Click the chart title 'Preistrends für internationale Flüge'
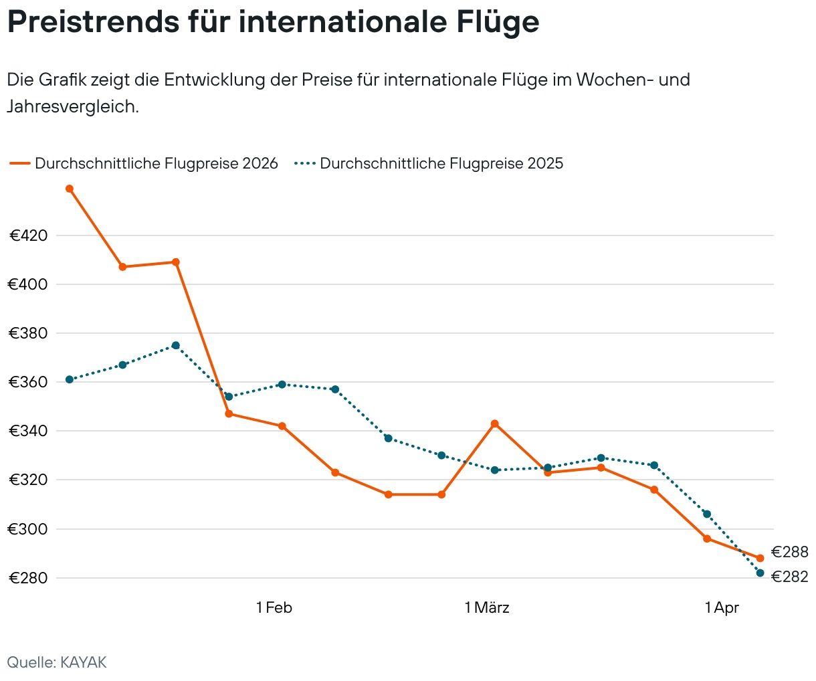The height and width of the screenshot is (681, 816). (273, 21)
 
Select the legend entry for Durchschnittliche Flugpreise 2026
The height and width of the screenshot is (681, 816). (143, 163)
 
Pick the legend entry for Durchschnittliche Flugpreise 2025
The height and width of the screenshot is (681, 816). (429, 163)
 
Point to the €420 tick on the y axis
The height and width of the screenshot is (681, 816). (28, 235)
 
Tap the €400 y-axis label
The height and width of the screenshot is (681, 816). (28, 284)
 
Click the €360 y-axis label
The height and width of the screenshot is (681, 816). (28, 382)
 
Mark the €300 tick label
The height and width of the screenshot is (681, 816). (28, 529)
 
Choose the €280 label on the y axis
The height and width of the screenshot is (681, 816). (28, 578)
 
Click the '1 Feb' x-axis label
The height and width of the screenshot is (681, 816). (274, 607)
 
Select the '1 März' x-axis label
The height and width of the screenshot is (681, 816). (487, 607)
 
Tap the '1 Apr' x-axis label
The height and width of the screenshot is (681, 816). (722, 607)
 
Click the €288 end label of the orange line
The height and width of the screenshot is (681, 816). (789, 552)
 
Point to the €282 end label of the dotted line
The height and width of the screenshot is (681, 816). (789, 577)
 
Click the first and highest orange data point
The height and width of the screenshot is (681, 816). (69, 189)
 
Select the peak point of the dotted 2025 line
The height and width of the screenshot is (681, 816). (175, 345)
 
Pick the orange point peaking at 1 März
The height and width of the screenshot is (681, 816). (494, 423)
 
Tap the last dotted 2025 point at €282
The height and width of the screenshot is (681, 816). (760, 573)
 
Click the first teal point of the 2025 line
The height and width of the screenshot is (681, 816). (69, 379)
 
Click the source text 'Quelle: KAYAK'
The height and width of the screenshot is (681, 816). (57, 662)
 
